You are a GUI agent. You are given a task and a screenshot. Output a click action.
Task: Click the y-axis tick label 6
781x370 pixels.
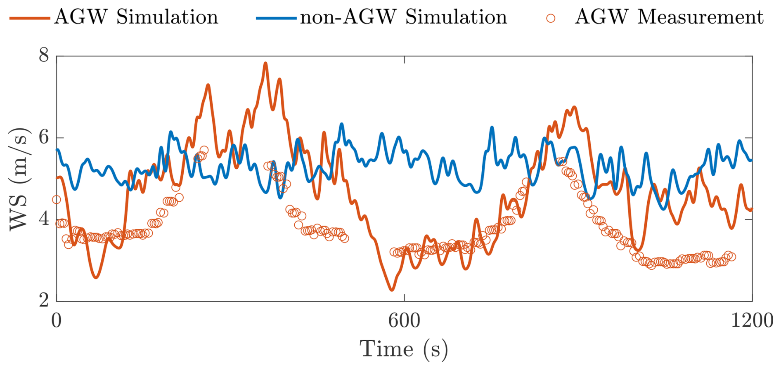pos(44,137)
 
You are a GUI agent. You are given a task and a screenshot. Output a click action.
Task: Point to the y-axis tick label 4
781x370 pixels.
pos(44,219)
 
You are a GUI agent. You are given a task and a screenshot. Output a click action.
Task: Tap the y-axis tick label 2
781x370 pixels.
pos(44,300)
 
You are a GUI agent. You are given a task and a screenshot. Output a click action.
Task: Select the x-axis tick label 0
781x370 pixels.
pos(57,321)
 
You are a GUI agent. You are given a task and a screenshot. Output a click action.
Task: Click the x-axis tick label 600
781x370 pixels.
pos(404,321)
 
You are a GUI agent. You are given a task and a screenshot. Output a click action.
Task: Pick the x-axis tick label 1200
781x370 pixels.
pos(752,321)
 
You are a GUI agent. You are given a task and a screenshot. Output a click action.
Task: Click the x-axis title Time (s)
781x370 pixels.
pos(404,349)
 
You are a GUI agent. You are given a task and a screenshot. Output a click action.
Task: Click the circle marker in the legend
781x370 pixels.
pos(550,18)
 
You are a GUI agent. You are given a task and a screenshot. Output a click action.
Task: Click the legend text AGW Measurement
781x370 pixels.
pos(669,17)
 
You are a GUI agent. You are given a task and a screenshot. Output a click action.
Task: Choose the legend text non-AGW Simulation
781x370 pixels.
pos(403,17)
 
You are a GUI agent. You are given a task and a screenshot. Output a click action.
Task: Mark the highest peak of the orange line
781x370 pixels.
pos(265,63)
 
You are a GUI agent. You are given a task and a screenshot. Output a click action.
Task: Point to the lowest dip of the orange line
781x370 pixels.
pos(392,290)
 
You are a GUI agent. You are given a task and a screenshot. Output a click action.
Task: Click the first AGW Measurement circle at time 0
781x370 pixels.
pos(57,200)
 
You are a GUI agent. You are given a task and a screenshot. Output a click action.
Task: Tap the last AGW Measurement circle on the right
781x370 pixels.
pos(732,257)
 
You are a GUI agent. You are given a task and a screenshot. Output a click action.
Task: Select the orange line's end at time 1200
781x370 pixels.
pos(751,209)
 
